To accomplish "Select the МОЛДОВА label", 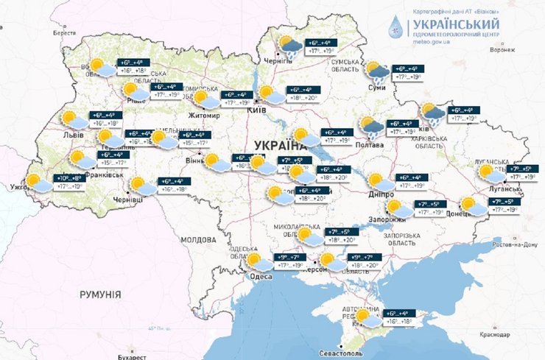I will point(197,240).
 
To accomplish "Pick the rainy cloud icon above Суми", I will point(378,72).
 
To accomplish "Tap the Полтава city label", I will point(369,145).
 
